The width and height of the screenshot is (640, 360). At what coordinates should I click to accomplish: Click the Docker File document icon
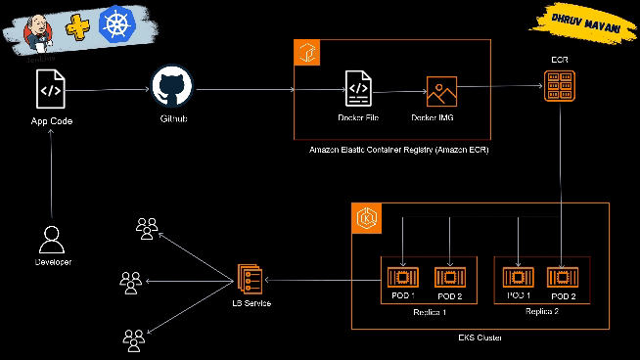[358, 91]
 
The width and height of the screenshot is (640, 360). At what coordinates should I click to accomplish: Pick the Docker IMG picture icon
[441, 92]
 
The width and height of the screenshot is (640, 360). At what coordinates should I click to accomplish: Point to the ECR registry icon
[560, 91]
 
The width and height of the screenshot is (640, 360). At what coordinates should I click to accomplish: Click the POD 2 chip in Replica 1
[448, 277]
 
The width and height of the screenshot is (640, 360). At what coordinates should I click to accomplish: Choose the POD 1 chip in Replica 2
[519, 277]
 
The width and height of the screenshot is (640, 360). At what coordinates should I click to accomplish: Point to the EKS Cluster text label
[480, 337]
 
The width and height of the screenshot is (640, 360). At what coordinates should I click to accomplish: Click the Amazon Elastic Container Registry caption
[398, 150]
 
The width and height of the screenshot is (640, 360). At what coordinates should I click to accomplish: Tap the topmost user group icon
[146, 228]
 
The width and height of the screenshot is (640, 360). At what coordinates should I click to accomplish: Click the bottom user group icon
[134, 338]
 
